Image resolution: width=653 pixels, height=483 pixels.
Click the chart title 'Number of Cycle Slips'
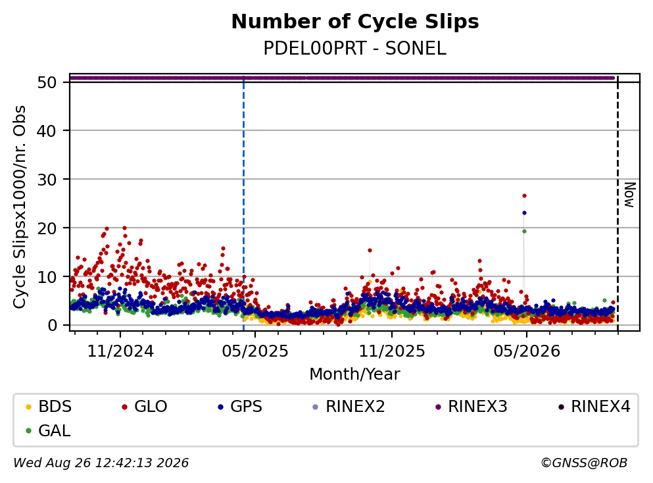(355, 22)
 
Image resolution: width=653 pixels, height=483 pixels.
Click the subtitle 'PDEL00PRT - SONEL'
(355, 49)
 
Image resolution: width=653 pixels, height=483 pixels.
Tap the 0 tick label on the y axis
(53, 326)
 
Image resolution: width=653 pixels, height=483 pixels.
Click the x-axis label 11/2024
(120, 351)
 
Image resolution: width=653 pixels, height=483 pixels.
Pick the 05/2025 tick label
(255, 351)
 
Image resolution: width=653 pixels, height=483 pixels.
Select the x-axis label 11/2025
(392, 351)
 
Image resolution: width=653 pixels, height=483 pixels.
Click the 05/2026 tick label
(527, 351)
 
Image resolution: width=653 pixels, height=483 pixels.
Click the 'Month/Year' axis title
(355, 374)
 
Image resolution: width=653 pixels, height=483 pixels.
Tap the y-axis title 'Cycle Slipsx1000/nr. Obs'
(20, 207)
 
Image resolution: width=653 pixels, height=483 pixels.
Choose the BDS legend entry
(49, 406)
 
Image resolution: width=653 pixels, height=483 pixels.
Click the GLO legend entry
(145, 406)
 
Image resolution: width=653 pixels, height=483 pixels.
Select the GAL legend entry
(48, 430)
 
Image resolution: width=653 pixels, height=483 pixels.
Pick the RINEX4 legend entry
(594, 406)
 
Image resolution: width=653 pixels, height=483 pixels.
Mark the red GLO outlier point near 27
(524, 195)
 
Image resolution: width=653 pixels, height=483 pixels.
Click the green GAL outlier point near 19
(524, 231)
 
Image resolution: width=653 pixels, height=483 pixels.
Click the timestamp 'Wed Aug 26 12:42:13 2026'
(101, 463)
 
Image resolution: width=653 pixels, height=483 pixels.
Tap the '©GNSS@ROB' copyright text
(584, 463)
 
